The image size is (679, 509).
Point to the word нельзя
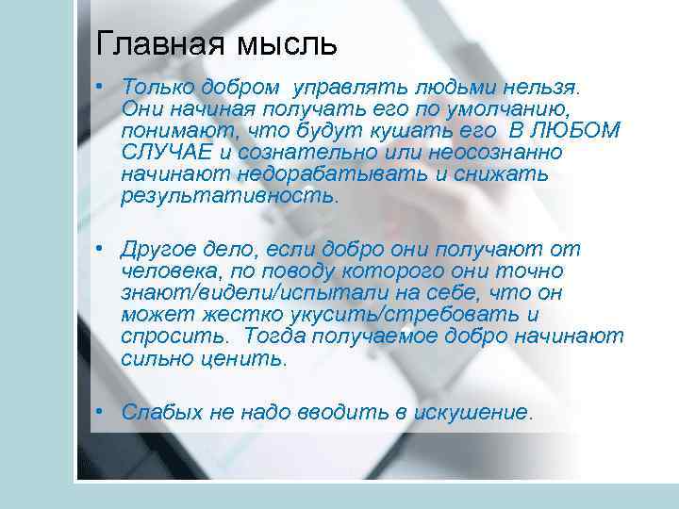coord(545,88)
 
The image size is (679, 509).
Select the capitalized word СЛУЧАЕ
coord(166,153)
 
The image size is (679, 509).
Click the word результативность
coord(227,196)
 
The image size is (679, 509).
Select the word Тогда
coord(273,337)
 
